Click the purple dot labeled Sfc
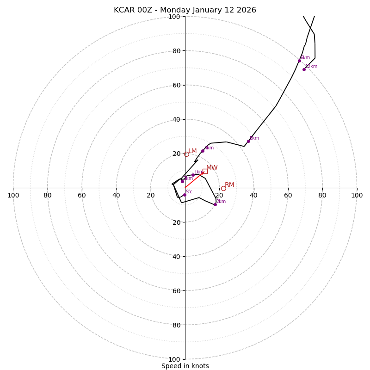(x=185, y=195)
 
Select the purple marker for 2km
(x=215, y=204)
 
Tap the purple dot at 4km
(x=203, y=151)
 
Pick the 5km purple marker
(x=248, y=141)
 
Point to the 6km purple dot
(x=299, y=61)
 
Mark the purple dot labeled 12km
(x=304, y=69)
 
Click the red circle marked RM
(x=223, y=188)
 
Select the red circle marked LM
(x=186, y=154)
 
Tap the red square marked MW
(x=205, y=171)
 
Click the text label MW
(x=212, y=168)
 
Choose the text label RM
(x=229, y=185)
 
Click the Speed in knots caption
(x=185, y=366)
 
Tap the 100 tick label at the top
(x=174, y=17)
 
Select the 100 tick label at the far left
(x=13, y=195)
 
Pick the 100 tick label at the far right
(x=357, y=195)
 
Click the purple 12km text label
(x=311, y=67)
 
